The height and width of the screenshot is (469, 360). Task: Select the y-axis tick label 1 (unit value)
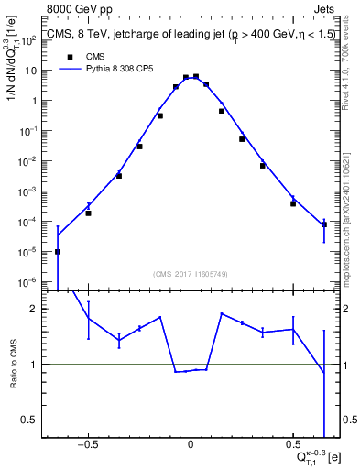point(31,101)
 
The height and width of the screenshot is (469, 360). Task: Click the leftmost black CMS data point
point(58,251)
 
